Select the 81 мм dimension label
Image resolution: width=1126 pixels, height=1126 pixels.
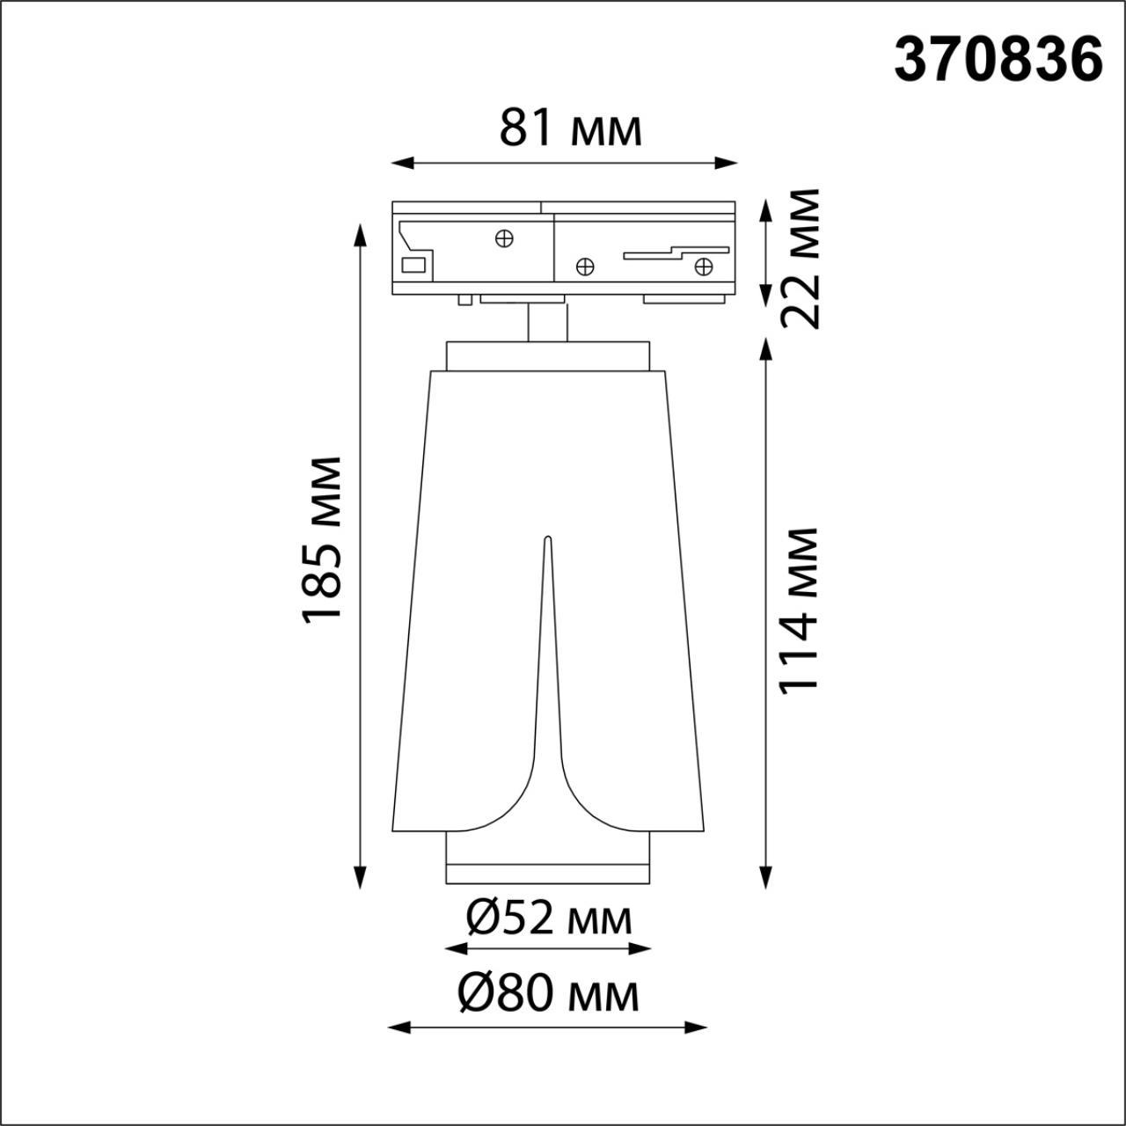(x=570, y=128)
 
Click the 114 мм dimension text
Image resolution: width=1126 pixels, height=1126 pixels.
(x=801, y=611)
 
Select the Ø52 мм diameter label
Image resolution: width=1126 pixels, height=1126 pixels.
(x=548, y=918)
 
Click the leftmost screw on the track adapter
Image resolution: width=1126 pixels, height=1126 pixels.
(x=504, y=238)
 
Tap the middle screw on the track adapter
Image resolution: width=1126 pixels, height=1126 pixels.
(x=583, y=266)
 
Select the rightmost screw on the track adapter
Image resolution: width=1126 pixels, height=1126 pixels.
(x=703, y=266)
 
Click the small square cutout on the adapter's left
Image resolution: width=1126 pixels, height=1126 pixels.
(x=413, y=264)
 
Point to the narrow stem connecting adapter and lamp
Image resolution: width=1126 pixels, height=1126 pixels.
(x=547, y=323)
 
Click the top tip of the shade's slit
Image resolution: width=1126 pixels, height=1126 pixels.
(x=547, y=539)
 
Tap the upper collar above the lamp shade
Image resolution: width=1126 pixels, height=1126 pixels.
(x=547, y=355)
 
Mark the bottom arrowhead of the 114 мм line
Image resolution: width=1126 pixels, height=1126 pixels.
(x=767, y=879)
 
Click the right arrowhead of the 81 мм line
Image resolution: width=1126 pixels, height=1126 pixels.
(x=728, y=162)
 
